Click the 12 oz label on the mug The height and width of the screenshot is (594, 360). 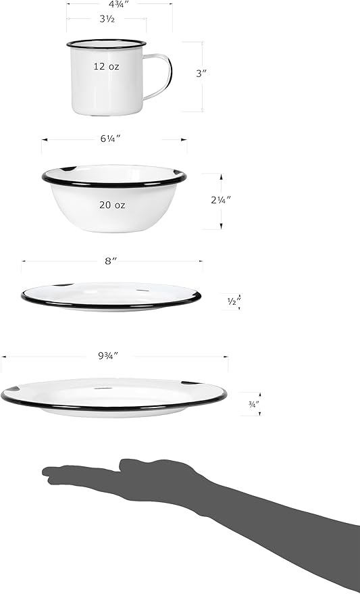tap(106, 67)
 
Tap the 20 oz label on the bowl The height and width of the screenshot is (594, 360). tap(112, 205)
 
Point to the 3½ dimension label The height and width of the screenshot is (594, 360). tap(107, 19)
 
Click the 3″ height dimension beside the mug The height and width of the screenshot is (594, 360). tap(201, 74)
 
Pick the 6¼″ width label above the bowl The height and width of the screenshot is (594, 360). tap(110, 139)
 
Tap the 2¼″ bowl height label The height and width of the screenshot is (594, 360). tap(221, 200)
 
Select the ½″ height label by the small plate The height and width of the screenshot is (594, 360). tap(234, 301)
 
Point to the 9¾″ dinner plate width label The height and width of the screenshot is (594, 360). tap(109, 355)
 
